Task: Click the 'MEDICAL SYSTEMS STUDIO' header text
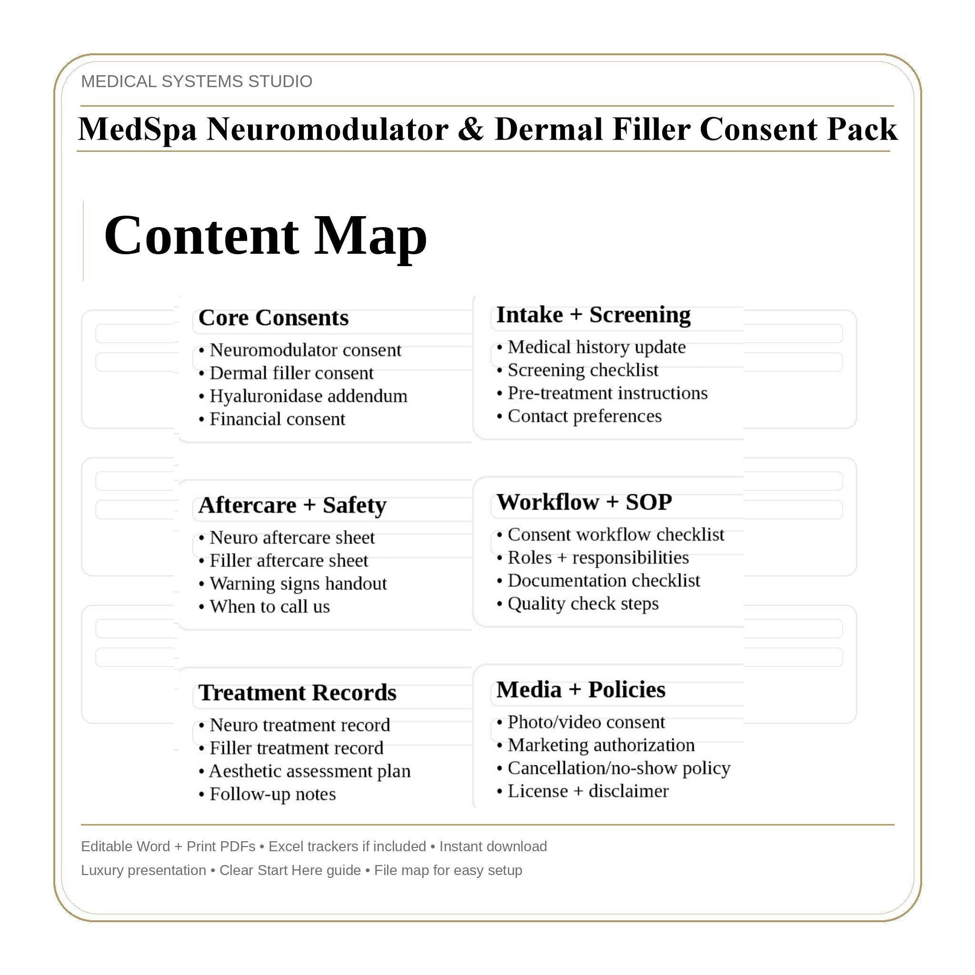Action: tap(196, 81)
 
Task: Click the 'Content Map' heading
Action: tap(266, 236)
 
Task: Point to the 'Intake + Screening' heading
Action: tap(593, 315)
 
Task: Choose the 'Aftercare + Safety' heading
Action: tap(292, 505)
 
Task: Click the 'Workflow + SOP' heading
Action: tap(584, 502)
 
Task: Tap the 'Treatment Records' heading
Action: tap(297, 693)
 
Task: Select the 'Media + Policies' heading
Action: tap(580, 690)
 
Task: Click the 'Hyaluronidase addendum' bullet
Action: tap(308, 396)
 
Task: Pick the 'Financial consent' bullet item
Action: tap(277, 419)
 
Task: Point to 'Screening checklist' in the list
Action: tap(582, 370)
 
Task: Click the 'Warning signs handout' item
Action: tap(298, 584)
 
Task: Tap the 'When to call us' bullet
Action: tap(269, 607)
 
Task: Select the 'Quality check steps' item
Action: tap(582, 604)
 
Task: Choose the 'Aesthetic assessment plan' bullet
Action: tap(309, 771)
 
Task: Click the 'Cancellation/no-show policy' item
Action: tap(618, 768)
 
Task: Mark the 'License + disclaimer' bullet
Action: tap(587, 791)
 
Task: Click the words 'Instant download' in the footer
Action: tap(493, 846)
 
